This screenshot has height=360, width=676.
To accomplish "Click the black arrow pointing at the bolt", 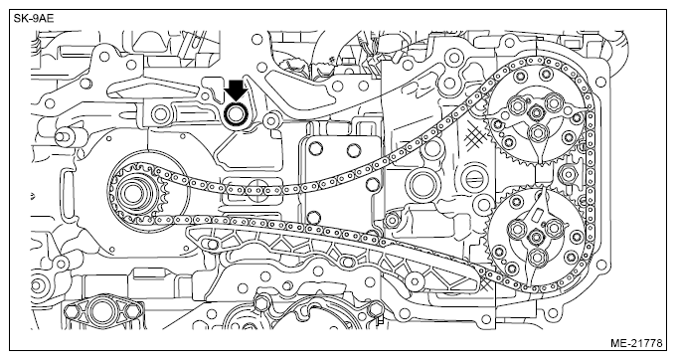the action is click(237, 90).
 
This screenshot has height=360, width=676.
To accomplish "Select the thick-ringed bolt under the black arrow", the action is click(236, 114).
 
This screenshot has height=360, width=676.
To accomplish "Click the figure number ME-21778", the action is click(636, 343).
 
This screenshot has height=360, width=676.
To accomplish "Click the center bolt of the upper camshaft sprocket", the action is click(536, 113).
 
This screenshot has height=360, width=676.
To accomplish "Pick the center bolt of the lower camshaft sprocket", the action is click(536, 237).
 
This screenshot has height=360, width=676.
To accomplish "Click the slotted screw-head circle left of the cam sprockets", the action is click(473, 179).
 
